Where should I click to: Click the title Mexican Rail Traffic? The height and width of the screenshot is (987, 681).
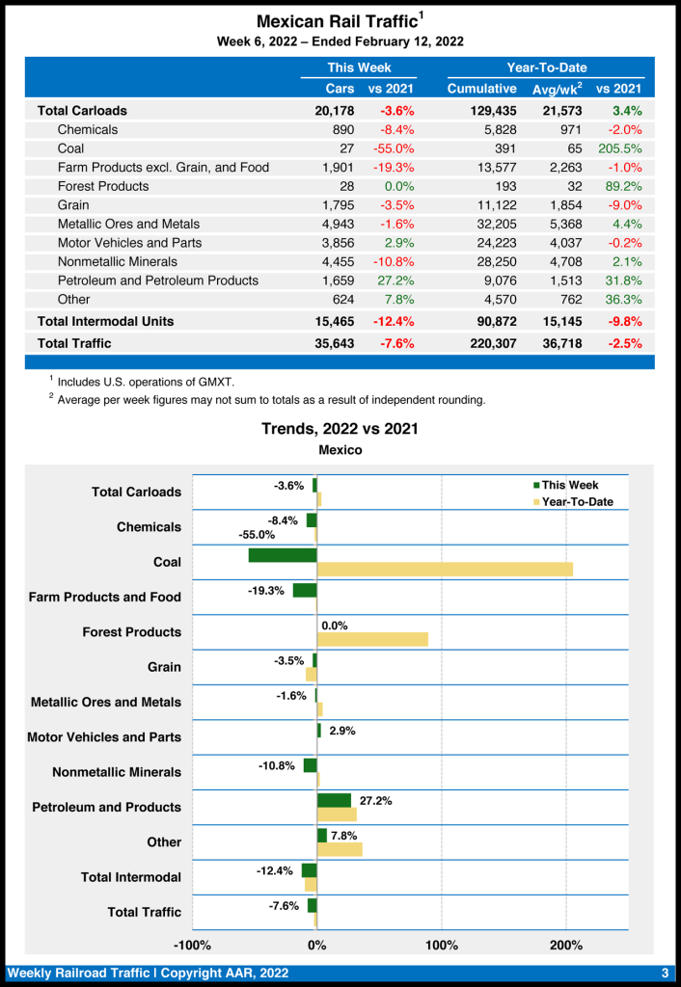pyautogui.click(x=338, y=21)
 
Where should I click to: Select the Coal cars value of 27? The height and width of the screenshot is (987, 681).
pyautogui.click(x=345, y=148)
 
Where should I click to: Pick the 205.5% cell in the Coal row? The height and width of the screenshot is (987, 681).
pyautogui.click(x=619, y=148)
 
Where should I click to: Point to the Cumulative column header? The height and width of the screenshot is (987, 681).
pyautogui.click(x=482, y=89)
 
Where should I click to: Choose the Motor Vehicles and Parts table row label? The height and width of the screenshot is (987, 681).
pyautogui.click(x=129, y=243)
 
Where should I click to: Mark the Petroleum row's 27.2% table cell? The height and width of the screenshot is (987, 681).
pyautogui.click(x=393, y=280)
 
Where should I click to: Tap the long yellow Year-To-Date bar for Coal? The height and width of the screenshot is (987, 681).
pyautogui.click(x=445, y=570)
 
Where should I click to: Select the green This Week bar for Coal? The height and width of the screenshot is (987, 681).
pyautogui.click(x=283, y=555)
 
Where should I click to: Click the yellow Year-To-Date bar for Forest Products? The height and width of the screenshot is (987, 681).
pyautogui.click(x=372, y=640)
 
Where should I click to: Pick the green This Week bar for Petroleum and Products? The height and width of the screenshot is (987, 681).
pyautogui.click(x=334, y=800)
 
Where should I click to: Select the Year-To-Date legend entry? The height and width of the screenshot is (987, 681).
pyautogui.click(x=577, y=502)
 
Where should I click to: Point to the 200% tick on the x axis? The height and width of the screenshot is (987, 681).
pyautogui.click(x=566, y=945)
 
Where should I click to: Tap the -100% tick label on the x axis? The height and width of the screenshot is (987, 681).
pyautogui.click(x=192, y=945)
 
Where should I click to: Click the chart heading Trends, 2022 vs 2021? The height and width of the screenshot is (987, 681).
pyautogui.click(x=340, y=429)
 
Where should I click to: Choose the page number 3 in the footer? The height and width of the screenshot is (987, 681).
pyautogui.click(x=665, y=972)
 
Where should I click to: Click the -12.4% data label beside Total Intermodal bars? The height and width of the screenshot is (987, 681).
pyautogui.click(x=275, y=870)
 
